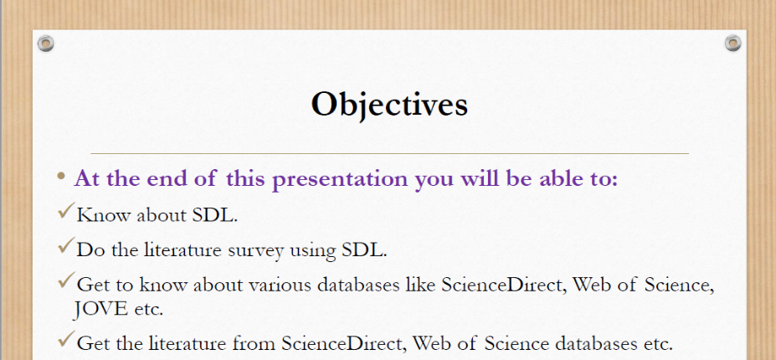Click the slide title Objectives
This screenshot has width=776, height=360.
pos(389,105)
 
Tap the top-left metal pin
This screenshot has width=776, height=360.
pos(45,43)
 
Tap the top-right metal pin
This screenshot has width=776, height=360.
pos(733,43)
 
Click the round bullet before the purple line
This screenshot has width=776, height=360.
pos(61,176)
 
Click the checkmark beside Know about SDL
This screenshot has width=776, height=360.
pos(66,210)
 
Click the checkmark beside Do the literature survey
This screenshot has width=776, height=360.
pos(66,245)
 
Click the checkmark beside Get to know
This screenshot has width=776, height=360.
pos(66,280)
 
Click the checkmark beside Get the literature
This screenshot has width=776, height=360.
pos(66,339)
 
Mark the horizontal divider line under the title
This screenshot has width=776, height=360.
pos(390,153)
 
